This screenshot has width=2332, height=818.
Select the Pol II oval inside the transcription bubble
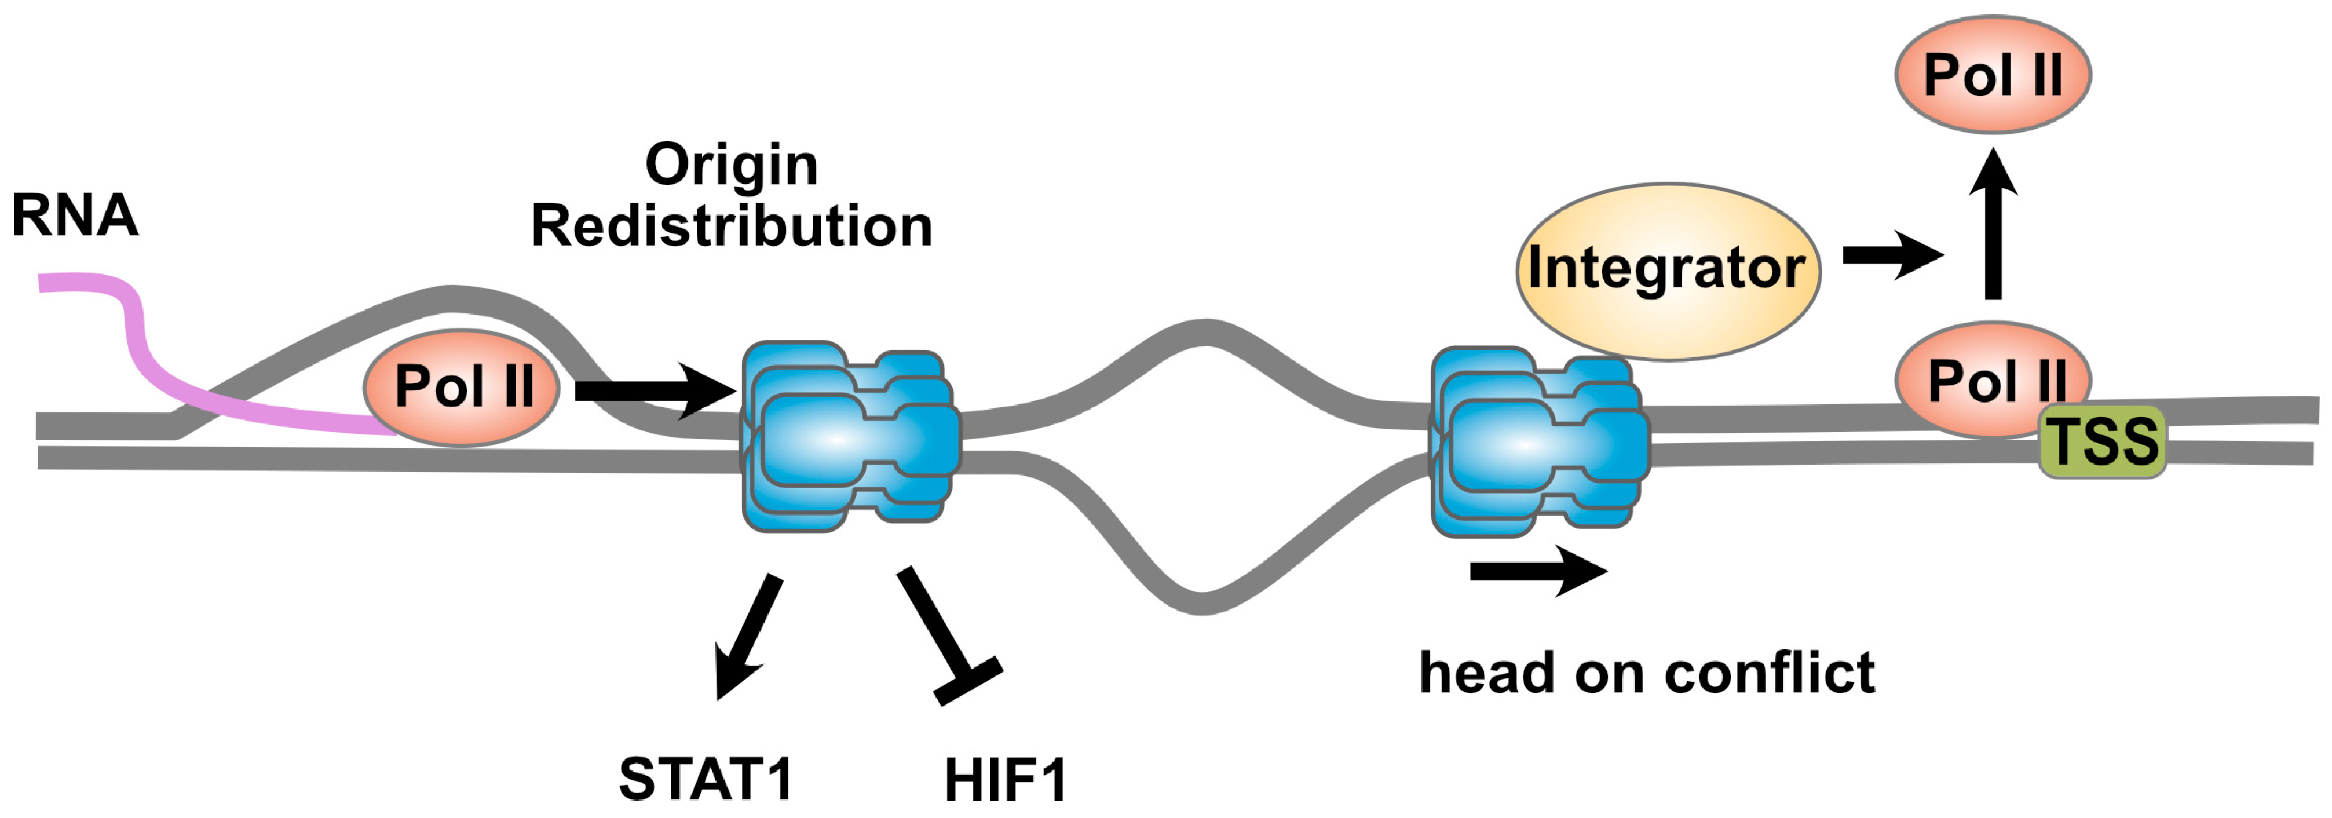coord(462,387)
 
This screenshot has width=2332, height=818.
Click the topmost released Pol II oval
coord(1993,74)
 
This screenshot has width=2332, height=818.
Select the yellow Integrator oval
coord(1666,270)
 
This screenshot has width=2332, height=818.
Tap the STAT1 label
coord(705,779)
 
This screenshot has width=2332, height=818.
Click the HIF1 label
coord(1005,781)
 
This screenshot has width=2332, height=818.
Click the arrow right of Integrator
coord(1892,257)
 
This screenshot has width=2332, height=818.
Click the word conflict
coord(1769,674)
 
